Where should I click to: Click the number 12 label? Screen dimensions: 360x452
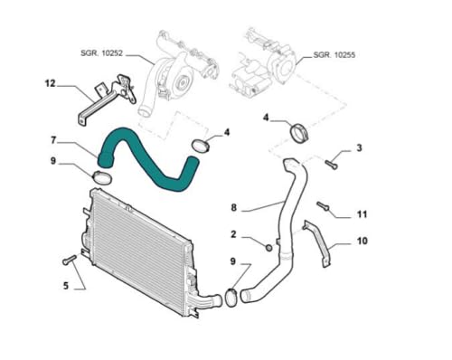[51, 84]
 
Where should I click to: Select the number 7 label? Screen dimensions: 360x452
[53, 140]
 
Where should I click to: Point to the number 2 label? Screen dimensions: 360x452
[233, 235]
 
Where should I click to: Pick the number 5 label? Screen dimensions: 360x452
[65, 287]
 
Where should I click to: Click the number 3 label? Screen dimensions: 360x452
[359, 147]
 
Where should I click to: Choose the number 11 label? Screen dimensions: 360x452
[361, 214]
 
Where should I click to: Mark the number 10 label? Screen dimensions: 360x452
[362, 242]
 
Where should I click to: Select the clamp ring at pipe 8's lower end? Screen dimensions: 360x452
[231, 296]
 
